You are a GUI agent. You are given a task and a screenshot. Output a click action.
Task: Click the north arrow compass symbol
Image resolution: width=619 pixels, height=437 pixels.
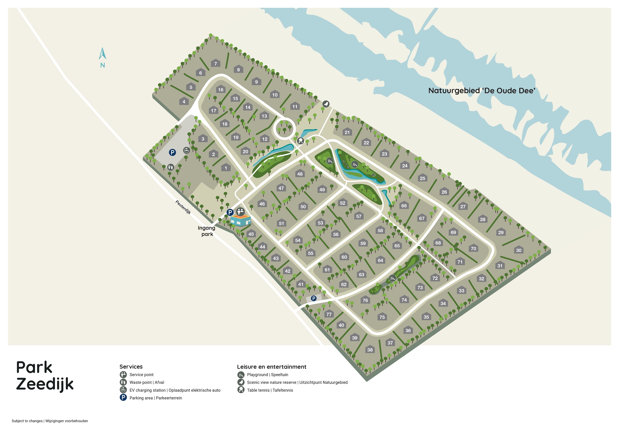pos(103,54)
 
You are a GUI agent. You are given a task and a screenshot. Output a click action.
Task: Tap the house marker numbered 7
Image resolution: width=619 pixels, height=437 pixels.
pos(215,64)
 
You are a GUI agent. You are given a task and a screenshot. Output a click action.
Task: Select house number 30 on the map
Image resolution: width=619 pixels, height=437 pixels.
pos(518,250)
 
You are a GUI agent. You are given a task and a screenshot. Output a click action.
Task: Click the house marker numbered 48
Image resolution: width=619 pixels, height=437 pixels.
pos(300,174)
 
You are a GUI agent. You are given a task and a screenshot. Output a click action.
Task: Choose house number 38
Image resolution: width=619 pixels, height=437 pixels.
pos(370,349)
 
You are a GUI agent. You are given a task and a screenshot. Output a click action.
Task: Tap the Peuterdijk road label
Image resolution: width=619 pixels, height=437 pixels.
pos(183,207)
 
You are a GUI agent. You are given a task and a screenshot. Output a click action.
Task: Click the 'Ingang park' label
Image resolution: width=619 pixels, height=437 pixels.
pos(206,231)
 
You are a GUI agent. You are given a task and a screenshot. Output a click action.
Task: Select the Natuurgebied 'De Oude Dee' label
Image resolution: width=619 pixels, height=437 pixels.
pos(482,91)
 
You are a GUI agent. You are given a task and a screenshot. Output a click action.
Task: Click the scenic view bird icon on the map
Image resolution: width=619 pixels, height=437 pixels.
pos(326,104)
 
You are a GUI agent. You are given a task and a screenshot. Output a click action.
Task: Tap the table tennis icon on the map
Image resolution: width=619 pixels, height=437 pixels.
pos(300,140)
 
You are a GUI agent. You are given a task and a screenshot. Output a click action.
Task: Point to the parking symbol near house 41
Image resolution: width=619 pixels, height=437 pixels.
pos(313,298)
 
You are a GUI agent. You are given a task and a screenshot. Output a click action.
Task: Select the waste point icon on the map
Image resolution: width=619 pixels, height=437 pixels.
pos(170,167)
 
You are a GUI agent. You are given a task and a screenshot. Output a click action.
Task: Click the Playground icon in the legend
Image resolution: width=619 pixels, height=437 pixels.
pos(241,374)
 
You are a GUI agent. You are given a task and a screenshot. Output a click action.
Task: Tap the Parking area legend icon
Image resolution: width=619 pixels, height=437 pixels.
pos(123,398)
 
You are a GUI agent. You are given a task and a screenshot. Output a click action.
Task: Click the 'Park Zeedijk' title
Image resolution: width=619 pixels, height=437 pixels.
pos(45,376)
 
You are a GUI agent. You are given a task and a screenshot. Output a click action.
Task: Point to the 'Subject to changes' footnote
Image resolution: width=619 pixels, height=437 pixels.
pos(50,421)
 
